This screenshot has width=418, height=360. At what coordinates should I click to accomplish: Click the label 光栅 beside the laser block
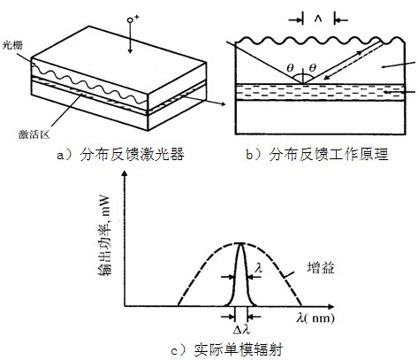click(12, 45)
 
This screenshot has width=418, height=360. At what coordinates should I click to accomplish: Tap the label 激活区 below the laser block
click(34, 134)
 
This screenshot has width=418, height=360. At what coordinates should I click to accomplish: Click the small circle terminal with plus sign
click(130, 20)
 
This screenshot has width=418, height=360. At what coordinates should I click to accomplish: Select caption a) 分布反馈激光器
click(120, 155)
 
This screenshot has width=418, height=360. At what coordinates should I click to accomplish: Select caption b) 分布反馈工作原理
click(317, 155)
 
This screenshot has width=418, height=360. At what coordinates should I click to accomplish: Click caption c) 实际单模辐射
click(227, 349)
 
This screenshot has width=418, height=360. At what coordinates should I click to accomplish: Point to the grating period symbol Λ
click(318, 19)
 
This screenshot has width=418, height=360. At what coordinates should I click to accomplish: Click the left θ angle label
click(290, 68)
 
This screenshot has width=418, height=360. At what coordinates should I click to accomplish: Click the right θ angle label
click(313, 68)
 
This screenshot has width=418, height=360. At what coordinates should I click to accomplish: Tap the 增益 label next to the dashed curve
click(321, 268)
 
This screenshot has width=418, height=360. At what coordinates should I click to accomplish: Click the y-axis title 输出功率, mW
click(105, 235)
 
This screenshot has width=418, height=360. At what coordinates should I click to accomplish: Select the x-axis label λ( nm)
click(315, 318)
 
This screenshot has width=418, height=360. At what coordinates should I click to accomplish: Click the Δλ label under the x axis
click(241, 330)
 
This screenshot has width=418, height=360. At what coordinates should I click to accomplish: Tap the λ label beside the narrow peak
click(259, 268)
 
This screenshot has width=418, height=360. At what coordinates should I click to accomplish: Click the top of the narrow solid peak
click(241, 243)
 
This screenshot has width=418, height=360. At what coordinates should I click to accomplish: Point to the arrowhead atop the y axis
click(125, 173)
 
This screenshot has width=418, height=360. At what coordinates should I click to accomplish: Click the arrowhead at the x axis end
click(331, 307)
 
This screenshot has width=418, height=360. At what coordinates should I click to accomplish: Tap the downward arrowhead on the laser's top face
click(130, 51)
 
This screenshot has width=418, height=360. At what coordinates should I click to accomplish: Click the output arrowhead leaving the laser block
click(223, 103)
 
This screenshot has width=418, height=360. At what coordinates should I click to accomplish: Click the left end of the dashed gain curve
click(179, 305)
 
